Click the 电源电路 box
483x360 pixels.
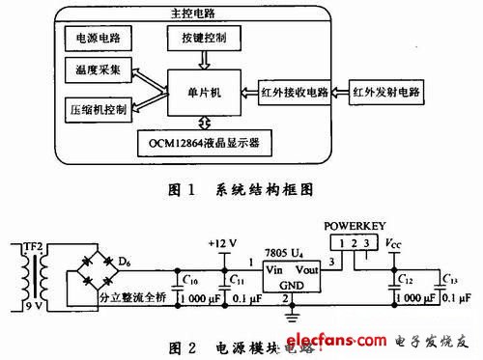coord(97,39)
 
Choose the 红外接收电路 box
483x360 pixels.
coord(296,95)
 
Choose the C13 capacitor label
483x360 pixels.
coord(448,282)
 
